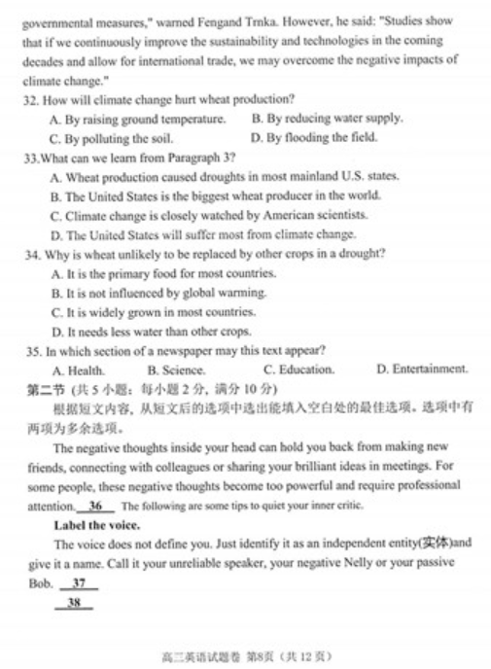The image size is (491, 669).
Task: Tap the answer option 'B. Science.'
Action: tap(176, 370)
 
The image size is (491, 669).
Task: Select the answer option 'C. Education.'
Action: tap(298, 370)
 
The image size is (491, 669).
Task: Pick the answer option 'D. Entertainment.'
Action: tap(421, 370)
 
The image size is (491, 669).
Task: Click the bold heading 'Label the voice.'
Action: tap(97, 526)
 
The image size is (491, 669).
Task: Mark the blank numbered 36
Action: tap(94, 507)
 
